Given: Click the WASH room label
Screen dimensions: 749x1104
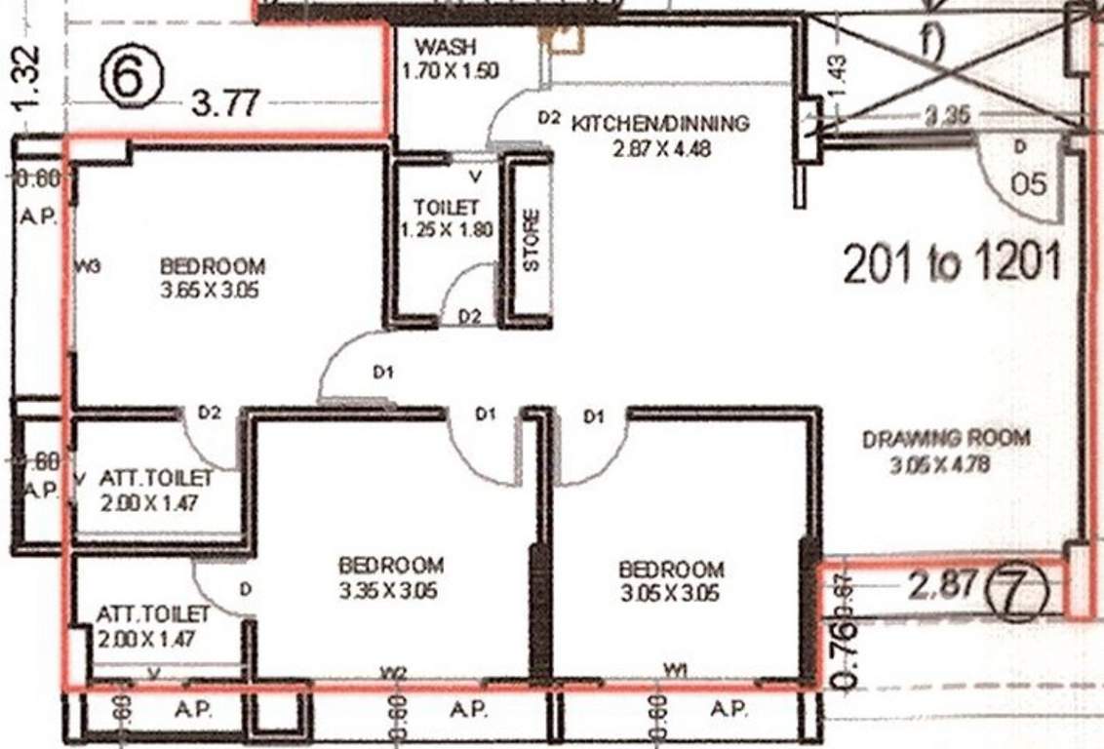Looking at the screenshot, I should pyautogui.click(x=445, y=48).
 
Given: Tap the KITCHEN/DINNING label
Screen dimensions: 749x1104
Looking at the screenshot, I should pyautogui.click(x=660, y=124).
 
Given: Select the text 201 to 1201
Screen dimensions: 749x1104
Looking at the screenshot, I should pyautogui.click(x=951, y=263).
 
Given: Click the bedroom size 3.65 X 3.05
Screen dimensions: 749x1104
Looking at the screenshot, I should pyautogui.click(x=211, y=290).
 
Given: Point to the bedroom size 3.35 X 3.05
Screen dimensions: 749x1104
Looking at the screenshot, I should pyautogui.click(x=389, y=590).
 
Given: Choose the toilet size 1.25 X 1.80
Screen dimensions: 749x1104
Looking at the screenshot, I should pyautogui.click(x=447, y=231).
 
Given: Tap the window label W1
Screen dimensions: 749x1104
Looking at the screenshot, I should pyautogui.click(x=675, y=668).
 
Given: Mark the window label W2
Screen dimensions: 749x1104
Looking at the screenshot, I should pyautogui.click(x=393, y=671).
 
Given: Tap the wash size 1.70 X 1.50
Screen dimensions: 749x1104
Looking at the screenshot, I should pyautogui.click(x=450, y=70).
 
